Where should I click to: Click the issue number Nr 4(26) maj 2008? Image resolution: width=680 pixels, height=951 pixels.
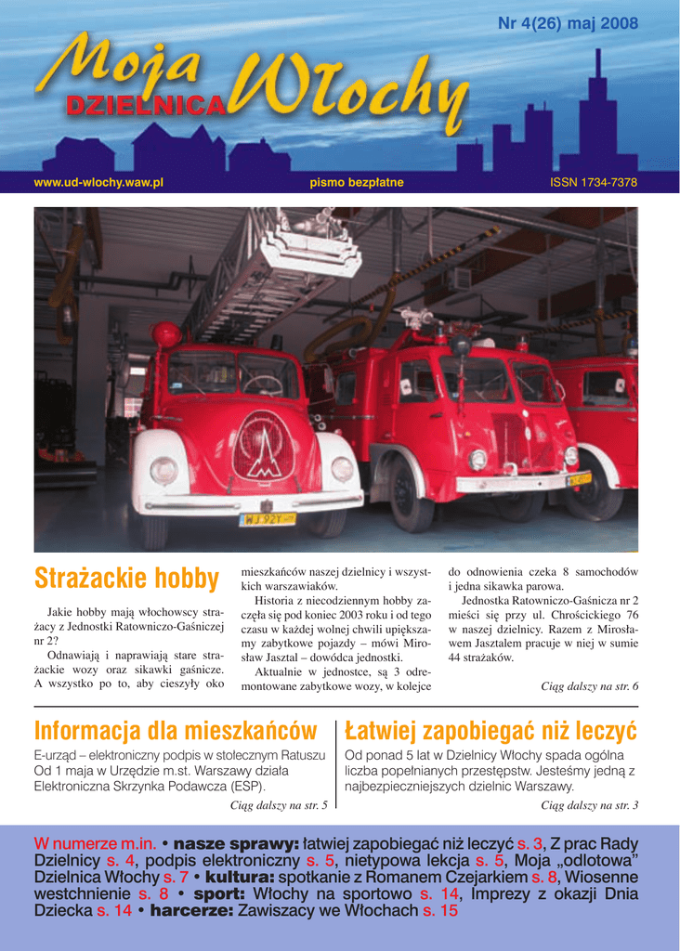[x=568, y=24]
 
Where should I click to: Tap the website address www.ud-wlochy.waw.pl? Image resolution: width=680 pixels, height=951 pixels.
[x=98, y=183]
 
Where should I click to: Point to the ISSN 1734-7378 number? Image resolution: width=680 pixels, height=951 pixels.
[x=594, y=183]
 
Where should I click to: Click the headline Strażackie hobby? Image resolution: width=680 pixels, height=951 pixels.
[x=126, y=580]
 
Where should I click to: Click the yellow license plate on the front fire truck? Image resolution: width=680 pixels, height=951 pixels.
[x=268, y=519]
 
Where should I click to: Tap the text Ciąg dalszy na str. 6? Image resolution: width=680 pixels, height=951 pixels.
[x=589, y=686]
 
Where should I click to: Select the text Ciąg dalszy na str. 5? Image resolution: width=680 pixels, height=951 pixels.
[x=278, y=805]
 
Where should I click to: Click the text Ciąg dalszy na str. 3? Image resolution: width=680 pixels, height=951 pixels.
[x=589, y=805]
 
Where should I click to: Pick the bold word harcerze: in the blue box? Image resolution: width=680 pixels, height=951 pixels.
[x=191, y=911]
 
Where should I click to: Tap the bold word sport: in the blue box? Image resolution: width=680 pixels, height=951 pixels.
[x=218, y=893]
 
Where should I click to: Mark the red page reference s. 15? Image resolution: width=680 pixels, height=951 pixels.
[x=440, y=911]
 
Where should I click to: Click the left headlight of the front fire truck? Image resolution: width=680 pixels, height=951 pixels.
[x=163, y=471]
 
